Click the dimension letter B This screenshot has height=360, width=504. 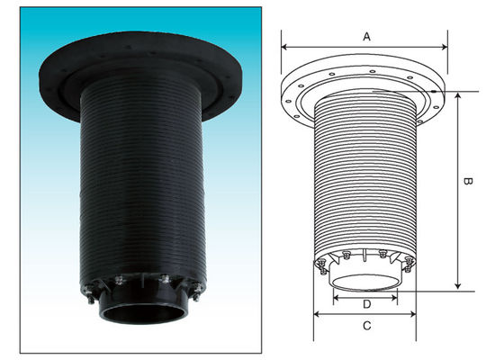coord(468,183)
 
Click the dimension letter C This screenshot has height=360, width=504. coord(365,326)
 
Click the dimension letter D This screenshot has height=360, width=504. coord(366,304)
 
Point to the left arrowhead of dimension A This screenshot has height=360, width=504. coord(284,45)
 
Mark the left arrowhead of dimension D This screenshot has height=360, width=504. coord(335,293)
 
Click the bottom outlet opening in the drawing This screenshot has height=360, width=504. coord(365,279)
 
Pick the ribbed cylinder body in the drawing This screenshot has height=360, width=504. coord(365,180)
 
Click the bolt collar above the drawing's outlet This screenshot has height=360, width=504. coord(365,258)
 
